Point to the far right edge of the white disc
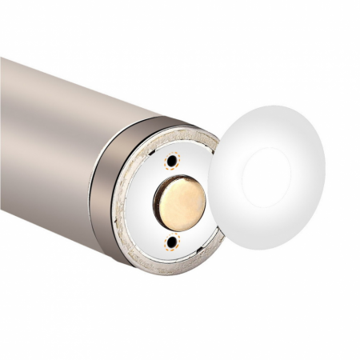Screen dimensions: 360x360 point(325,172)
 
